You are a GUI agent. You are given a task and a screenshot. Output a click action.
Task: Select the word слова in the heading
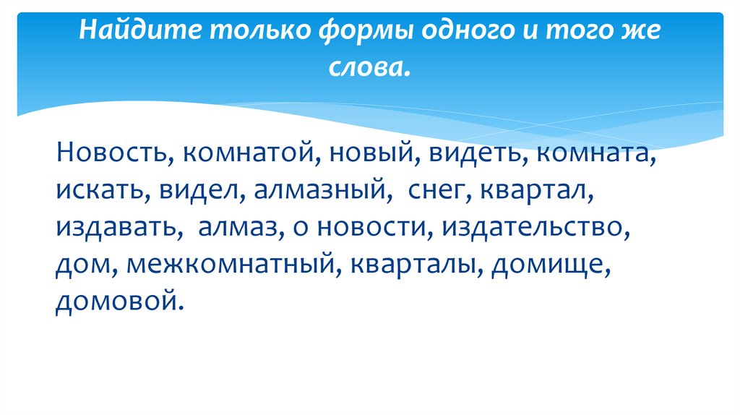coord(369,67)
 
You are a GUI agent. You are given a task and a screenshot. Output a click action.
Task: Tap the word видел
coord(190,192)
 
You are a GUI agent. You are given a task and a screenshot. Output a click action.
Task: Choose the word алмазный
coord(317,192)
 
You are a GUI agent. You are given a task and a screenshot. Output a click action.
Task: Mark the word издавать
coord(113,228)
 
